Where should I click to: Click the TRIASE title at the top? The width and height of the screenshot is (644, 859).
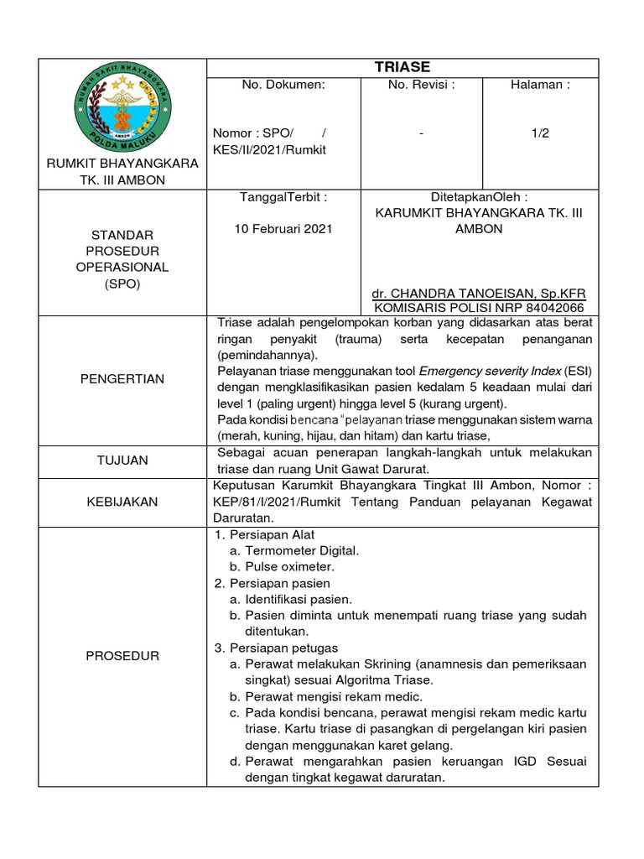point(402,67)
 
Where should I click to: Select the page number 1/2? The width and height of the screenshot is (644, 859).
point(540,133)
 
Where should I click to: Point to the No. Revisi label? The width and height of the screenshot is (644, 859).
point(421,85)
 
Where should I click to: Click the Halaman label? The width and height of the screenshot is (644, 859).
point(540,85)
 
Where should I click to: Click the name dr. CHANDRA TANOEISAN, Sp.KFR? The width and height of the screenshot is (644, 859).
point(478,294)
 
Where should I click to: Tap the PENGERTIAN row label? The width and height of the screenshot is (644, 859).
point(122,379)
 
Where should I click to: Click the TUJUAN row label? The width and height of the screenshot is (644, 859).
point(122,461)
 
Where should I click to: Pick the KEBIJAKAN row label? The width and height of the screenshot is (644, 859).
point(122,501)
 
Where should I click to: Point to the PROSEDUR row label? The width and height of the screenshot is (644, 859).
point(122,655)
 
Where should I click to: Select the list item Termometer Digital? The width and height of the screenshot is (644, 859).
point(302,550)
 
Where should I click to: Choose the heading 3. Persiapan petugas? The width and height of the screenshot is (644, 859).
point(276,648)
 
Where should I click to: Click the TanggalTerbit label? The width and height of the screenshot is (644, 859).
point(283,197)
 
